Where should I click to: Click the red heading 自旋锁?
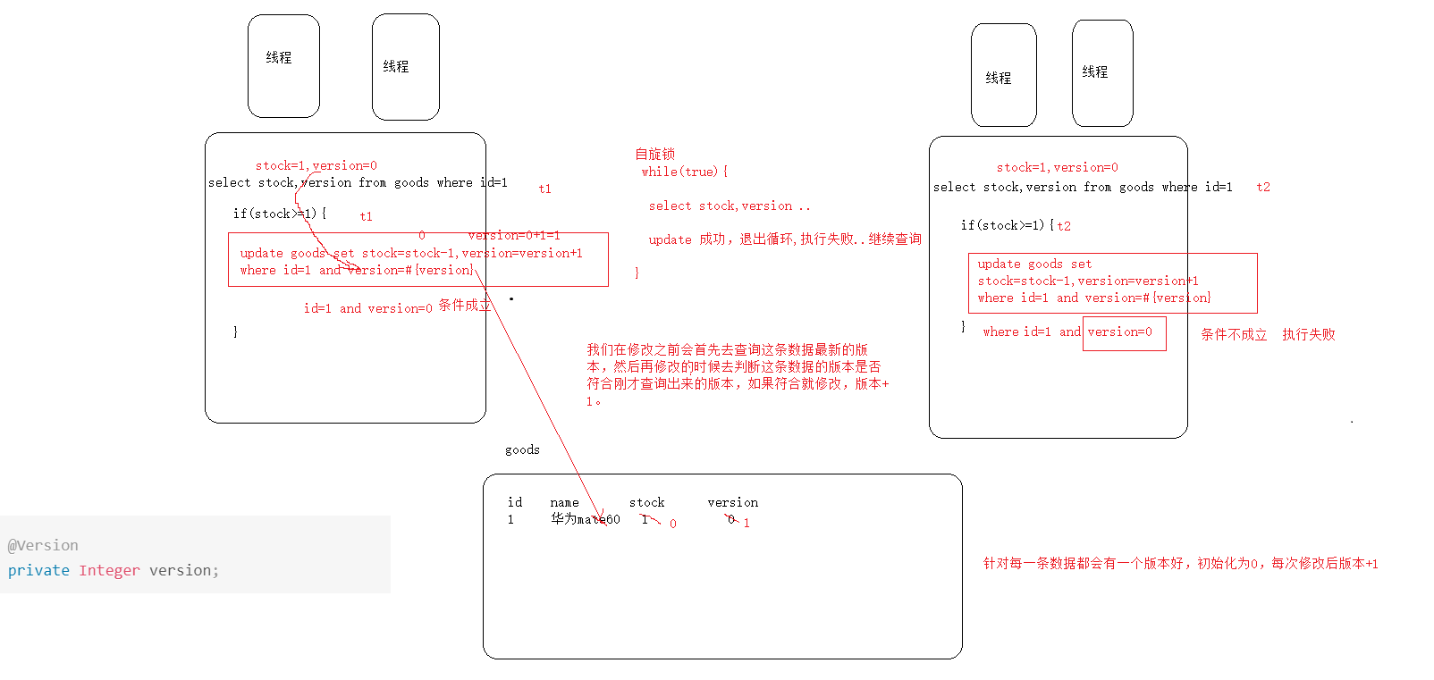pos(654,154)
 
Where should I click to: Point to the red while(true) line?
pos(684,172)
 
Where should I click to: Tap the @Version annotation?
pos(43,545)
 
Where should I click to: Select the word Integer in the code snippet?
pos(109,570)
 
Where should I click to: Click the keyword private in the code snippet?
pos(38,570)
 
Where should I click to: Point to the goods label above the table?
pos(522,449)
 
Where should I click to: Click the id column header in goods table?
pos(515,502)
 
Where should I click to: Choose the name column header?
pos(564,502)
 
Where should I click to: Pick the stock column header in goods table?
pos(646,502)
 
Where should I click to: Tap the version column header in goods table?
pos(732,502)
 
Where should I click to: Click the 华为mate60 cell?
pos(585,519)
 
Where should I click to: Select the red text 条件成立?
pos(464,305)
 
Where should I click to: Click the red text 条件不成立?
pos(1234,334)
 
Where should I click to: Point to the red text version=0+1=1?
pos(513,235)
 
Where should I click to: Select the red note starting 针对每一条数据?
pos(1180,563)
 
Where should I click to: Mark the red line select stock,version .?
pos(729,206)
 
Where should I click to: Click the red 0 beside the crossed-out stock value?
pos(673,524)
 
